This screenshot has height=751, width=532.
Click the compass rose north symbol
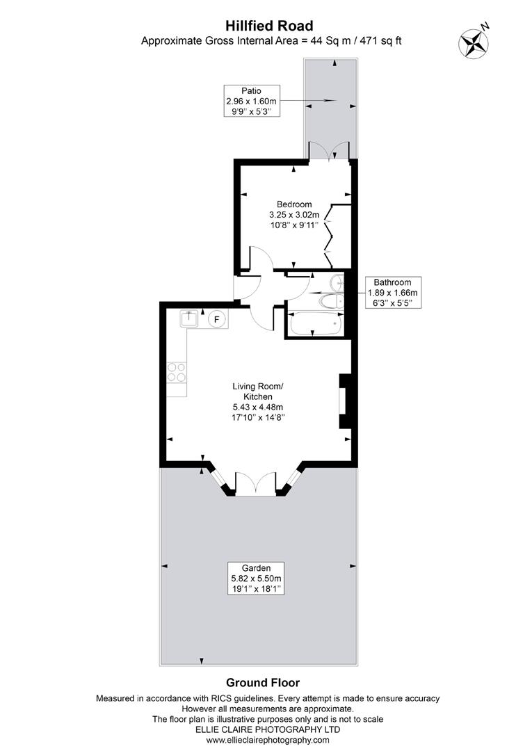point(473,41)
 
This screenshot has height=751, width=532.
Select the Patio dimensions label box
point(251,101)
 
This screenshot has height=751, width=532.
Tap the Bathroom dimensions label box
point(392,293)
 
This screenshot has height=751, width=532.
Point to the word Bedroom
point(293,204)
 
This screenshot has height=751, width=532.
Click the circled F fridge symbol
point(217,319)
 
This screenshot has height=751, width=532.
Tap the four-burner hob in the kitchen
point(177,373)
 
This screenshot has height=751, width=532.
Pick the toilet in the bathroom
point(330,300)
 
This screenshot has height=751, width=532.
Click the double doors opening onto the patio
point(329,150)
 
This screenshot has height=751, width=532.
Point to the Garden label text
point(257,567)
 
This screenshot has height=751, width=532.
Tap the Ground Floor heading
point(263,682)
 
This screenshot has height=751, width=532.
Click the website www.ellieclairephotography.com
point(268,741)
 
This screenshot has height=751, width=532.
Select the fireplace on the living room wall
point(343,402)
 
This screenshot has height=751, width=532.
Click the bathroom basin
point(337,282)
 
